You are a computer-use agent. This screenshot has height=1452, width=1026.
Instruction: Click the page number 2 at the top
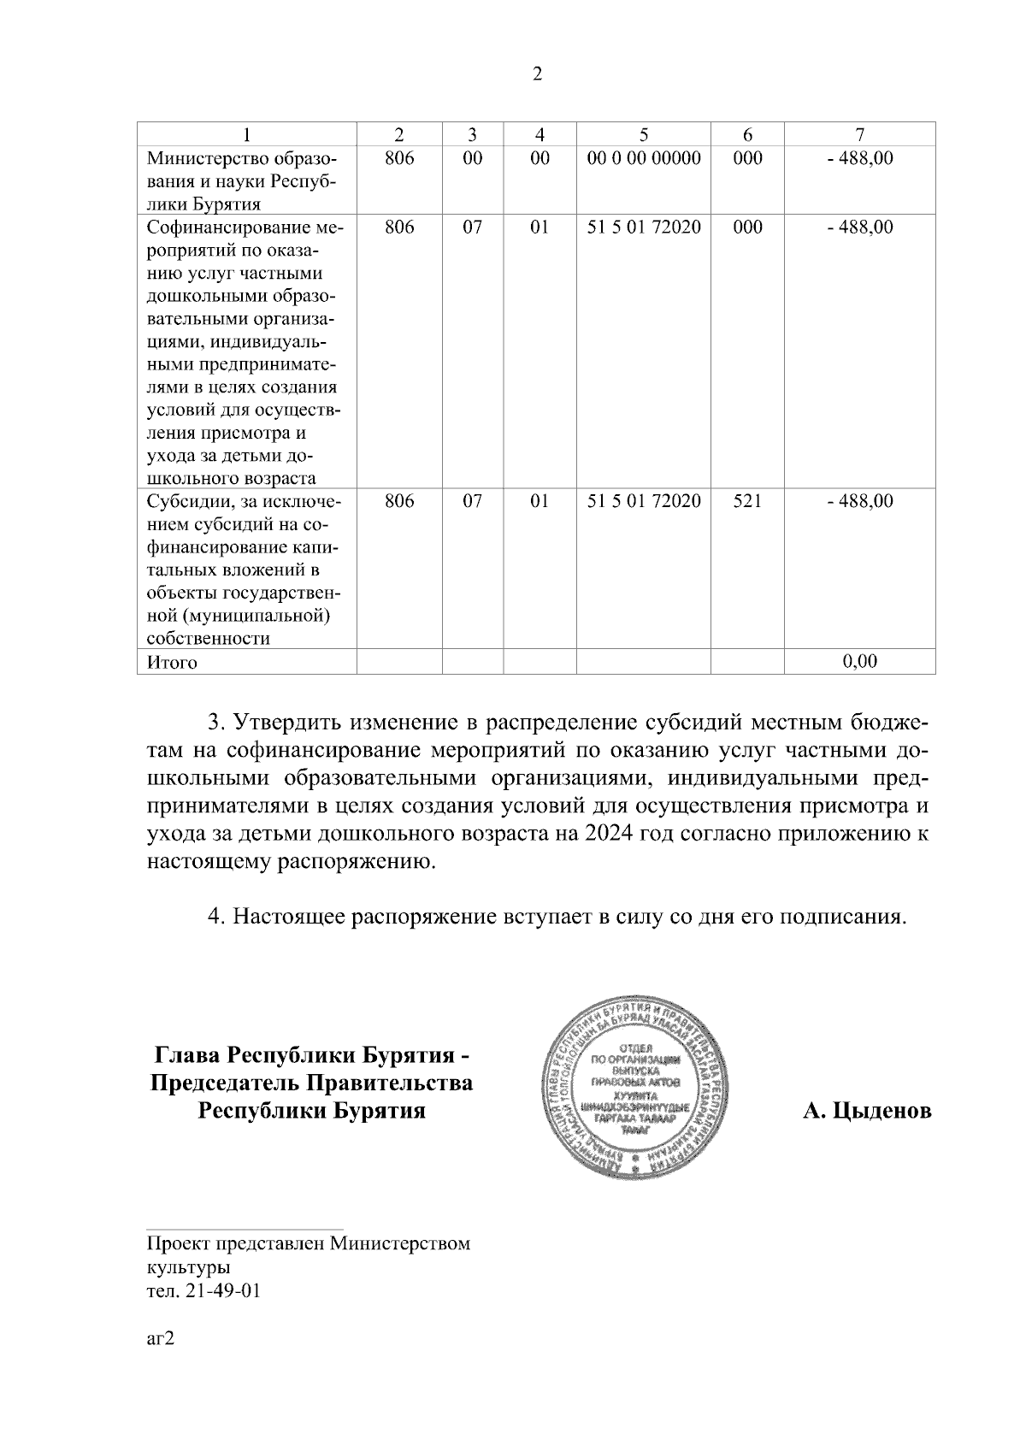(x=537, y=74)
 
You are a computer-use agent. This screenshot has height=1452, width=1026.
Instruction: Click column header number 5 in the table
(x=643, y=134)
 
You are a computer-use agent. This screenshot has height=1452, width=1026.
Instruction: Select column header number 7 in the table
(x=859, y=134)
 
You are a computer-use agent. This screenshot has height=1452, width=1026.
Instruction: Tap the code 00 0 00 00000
(x=644, y=158)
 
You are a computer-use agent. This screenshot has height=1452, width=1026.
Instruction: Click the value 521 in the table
(x=747, y=501)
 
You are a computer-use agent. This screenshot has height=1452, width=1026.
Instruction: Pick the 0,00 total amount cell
(x=859, y=661)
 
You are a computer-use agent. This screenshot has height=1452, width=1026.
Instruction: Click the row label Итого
(x=172, y=662)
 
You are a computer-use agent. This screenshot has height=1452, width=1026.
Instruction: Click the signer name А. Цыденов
(x=867, y=1111)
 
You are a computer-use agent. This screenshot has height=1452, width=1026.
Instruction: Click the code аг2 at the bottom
(x=161, y=1340)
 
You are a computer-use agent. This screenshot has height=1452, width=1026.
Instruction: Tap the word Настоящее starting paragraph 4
(x=289, y=918)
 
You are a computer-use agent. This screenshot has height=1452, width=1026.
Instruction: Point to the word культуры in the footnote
(x=188, y=1266)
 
